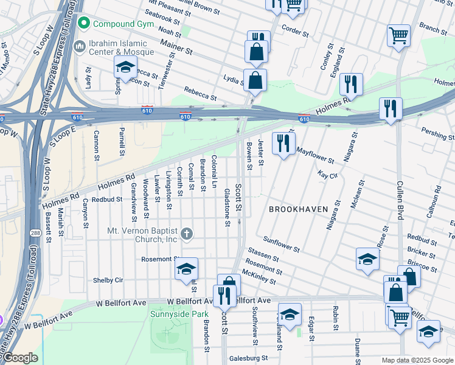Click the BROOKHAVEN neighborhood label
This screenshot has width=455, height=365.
pyautogui.click(x=299, y=209)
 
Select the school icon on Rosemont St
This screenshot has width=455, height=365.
pyautogui.click(x=186, y=269)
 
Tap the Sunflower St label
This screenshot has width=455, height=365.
pyautogui.click(x=280, y=245)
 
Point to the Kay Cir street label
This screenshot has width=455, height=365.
pyautogui.click(x=327, y=175)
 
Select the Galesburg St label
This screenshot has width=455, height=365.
pyautogui.click(x=248, y=358)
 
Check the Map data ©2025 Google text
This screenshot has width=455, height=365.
pyautogui.click(x=417, y=360)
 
